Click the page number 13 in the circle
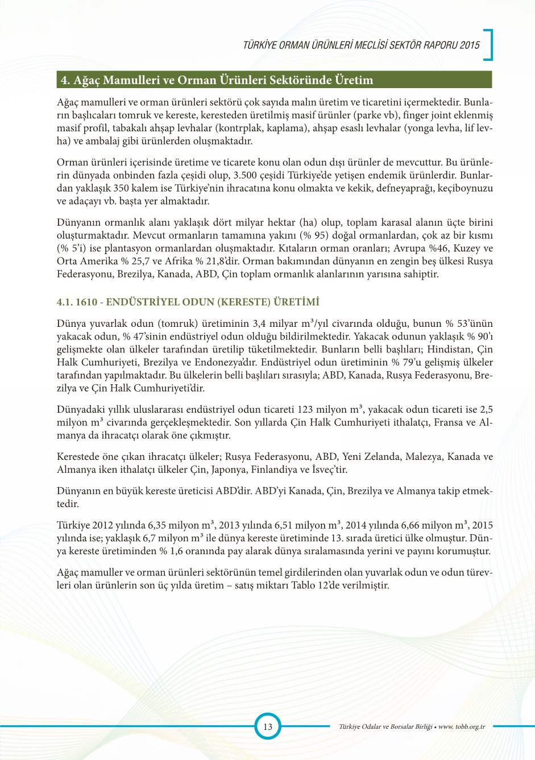tap(267, 726)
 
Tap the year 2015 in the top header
tap(470, 45)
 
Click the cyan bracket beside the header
tap(488, 44)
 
